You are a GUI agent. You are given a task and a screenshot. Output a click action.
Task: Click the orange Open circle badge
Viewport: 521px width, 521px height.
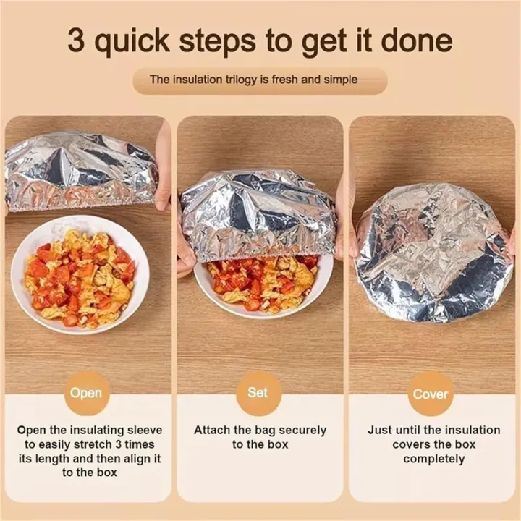coord(86,394)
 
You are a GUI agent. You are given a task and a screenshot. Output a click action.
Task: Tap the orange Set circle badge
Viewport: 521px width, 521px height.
coord(258,393)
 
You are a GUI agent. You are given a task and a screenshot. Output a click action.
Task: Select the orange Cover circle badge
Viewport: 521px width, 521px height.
coord(431,394)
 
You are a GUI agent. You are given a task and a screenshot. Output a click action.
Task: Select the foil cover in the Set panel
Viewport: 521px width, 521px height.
coord(258,213)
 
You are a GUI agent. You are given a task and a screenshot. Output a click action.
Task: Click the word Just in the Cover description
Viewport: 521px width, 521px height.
coord(380,430)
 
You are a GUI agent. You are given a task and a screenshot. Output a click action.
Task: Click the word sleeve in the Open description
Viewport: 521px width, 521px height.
coord(143,430)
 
